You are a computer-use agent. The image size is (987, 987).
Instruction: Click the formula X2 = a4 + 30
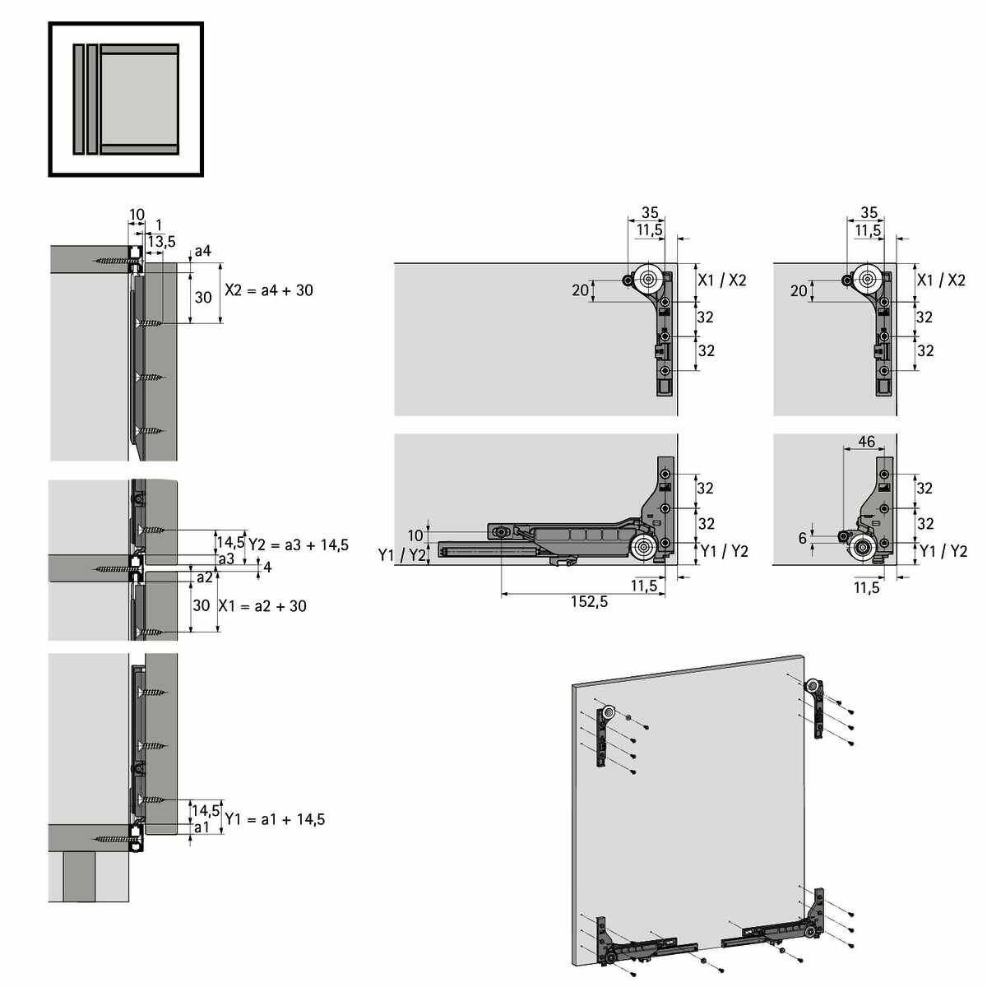pyautogui.click(x=269, y=290)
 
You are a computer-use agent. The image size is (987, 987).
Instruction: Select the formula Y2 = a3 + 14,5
pyautogui.click(x=299, y=545)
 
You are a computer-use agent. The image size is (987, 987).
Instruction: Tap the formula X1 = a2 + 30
pyautogui.click(x=262, y=606)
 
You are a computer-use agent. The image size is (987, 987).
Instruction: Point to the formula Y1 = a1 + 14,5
pyautogui.click(x=275, y=819)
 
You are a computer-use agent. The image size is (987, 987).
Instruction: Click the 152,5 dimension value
pyautogui.click(x=589, y=602)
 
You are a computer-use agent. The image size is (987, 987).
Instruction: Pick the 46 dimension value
pyautogui.click(x=866, y=442)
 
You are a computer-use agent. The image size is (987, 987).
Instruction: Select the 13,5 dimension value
pyautogui.click(x=161, y=241)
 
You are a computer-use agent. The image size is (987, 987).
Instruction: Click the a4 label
pyautogui.click(x=203, y=251)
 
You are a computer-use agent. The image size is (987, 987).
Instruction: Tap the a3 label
pyautogui.click(x=226, y=558)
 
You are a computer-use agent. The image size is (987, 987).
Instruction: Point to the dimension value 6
pyautogui.click(x=803, y=538)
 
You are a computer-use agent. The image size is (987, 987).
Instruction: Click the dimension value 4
pyautogui.click(x=267, y=567)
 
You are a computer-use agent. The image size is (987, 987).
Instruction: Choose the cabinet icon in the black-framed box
pyautogui.click(x=126, y=99)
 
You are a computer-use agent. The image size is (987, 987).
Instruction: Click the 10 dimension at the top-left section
pyautogui.click(x=137, y=215)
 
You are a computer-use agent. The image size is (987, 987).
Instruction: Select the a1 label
pyautogui.click(x=202, y=827)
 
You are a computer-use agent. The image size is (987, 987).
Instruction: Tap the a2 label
pyautogui.click(x=204, y=577)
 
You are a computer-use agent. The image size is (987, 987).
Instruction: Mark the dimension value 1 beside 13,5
pyautogui.click(x=159, y=225)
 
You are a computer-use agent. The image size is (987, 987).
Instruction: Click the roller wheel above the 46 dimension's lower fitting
pyautogui.click(x=863, y=548)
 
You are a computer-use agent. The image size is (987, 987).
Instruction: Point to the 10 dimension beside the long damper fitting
pyautogui.click(x=415, y=535)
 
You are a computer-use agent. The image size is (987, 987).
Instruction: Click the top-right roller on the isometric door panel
pyautogui.click(x=813, y=686)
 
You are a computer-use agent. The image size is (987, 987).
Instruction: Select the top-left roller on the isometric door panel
pyautogui.click(x=609, y=712)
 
